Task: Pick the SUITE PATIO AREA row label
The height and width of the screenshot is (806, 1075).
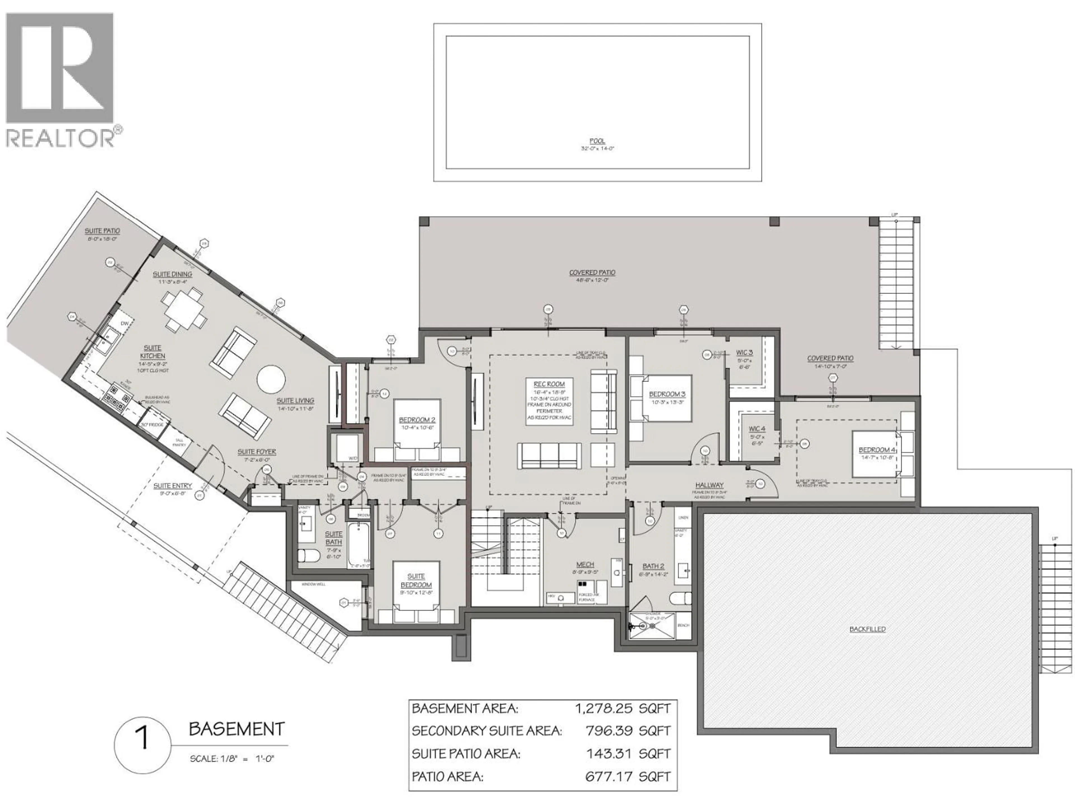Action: [x=466, y=754]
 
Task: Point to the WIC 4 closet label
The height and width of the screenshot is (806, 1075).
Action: [x=757, y=429]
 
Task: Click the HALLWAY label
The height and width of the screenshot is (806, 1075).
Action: [x=709, y=485]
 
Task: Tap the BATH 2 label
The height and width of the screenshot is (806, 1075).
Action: [x=653, y=566]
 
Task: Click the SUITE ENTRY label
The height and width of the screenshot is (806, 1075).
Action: [x=172, y=485]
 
